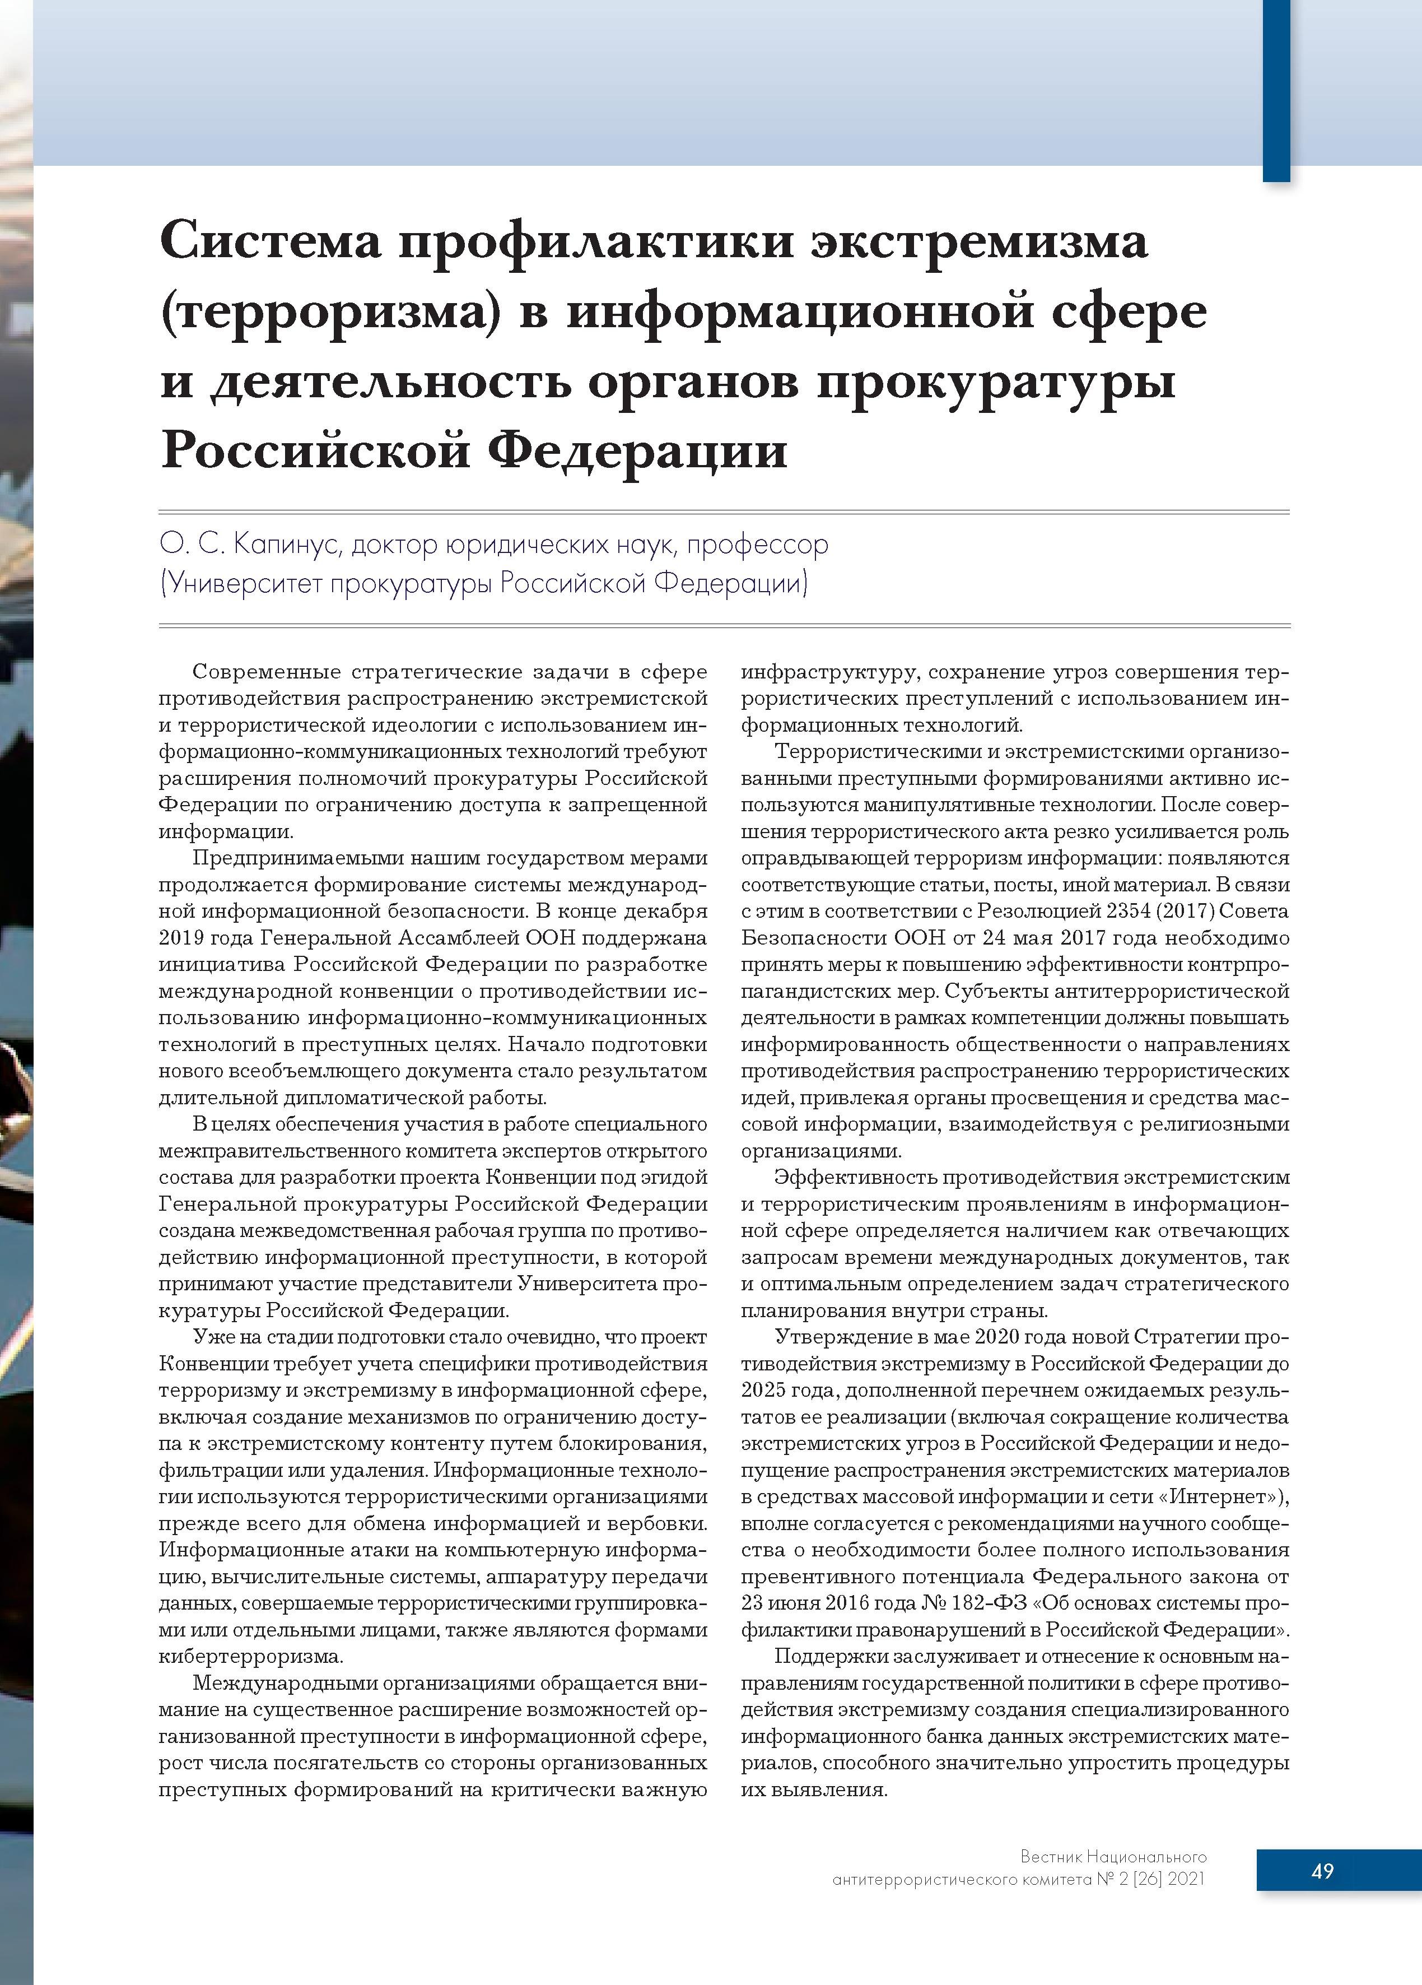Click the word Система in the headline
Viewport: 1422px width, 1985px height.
click(271, 243)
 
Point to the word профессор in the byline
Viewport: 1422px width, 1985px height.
click(757, 545)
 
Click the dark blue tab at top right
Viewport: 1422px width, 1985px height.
click(1276, 87)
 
